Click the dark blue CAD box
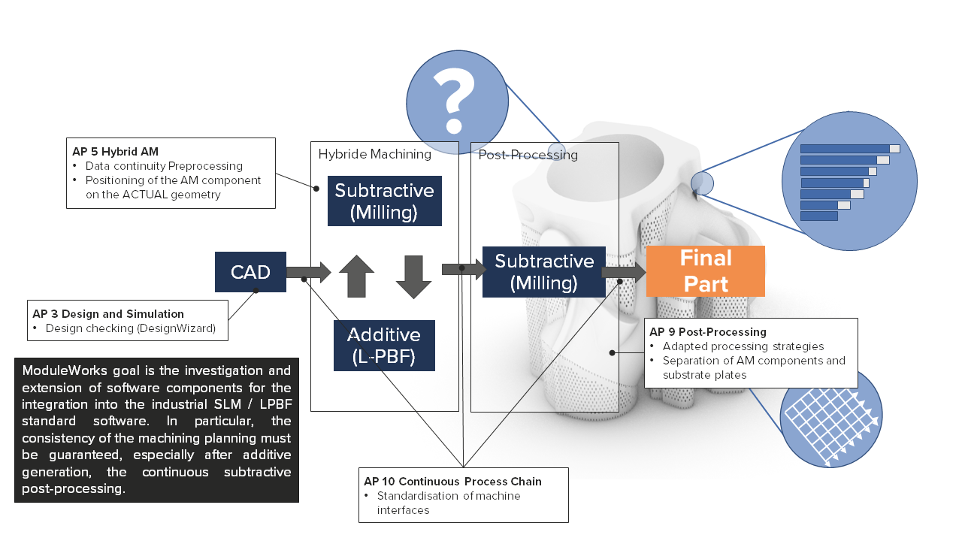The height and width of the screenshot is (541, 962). point(250,272)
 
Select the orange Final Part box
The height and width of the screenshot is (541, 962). point(705,271)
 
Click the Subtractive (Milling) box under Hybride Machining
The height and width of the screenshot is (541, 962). point(384,201)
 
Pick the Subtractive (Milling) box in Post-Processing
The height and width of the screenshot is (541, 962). point(543,272)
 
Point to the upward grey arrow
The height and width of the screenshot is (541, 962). point(356,277)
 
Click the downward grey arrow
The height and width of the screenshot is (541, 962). point(413,277)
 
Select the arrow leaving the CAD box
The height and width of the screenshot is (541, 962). point(308,272)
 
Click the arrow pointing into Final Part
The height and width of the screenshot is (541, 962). point(623,272)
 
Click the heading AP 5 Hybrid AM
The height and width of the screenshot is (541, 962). point(115,152)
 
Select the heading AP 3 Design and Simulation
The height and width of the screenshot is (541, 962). point(108,314)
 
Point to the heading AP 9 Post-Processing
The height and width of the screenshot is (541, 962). point(707,332)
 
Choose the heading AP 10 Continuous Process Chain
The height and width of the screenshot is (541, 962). point(452,482)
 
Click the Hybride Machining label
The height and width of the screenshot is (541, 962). point(374,155)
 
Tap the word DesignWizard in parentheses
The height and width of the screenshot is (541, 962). point(180,328)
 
